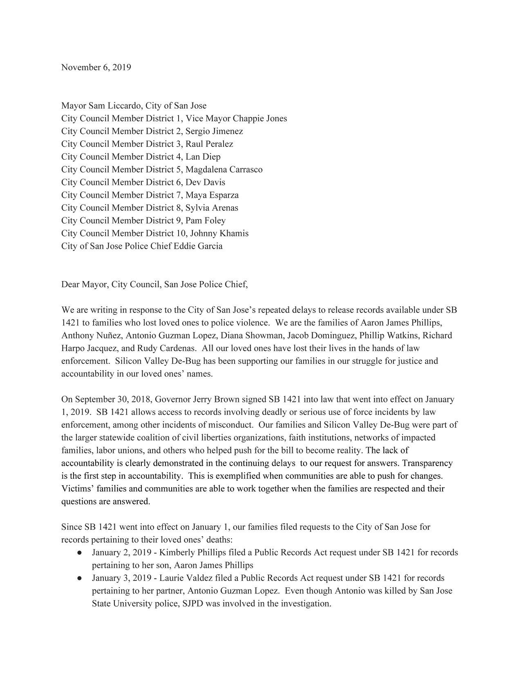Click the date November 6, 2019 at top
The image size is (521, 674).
[96, 67]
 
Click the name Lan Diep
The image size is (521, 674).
[203, 156]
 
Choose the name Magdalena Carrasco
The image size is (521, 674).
[224, 169]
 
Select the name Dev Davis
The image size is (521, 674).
[205, 182]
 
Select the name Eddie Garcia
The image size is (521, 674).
[201, 246]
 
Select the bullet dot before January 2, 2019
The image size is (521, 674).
[80, 553]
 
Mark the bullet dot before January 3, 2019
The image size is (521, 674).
[80, 578]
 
